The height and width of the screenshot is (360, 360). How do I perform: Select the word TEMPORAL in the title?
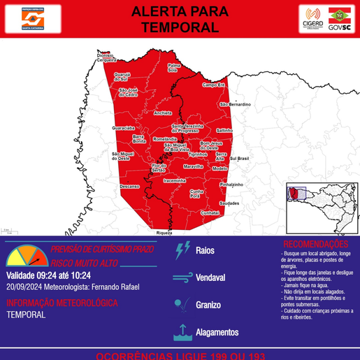[x=180, y=27]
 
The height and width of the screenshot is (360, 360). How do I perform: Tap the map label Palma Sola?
[x=173, y=68]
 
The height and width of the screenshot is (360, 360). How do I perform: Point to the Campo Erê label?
[x=213, y=85]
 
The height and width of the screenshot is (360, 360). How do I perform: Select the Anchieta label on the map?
[x=163, y=113]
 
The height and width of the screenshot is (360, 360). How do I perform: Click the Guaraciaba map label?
[x=124, y=129]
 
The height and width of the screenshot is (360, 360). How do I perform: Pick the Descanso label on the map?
[x=129, y=187]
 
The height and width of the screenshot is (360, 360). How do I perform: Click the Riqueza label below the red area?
[x=164, y=231]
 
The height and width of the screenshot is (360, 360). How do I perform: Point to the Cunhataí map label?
[x=210, y=212]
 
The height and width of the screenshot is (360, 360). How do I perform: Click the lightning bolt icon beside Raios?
[x=183, y=250]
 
